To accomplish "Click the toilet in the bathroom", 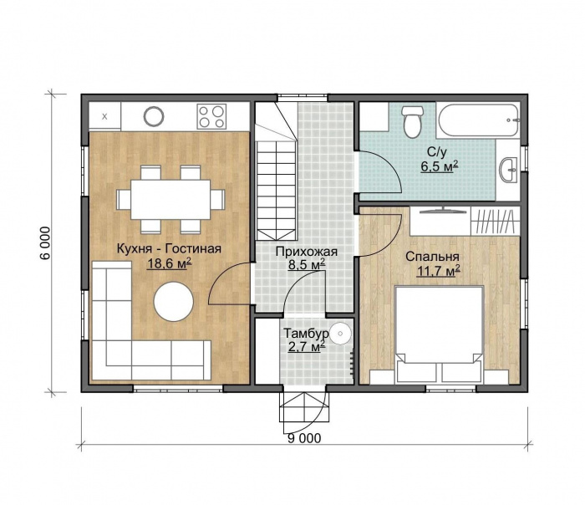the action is click(412, 121).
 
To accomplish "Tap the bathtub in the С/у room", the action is click(478, 120).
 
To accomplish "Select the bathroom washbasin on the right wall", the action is click(508, 170).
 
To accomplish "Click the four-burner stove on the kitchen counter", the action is click(212, 116).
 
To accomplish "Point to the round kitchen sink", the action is click(154, 115).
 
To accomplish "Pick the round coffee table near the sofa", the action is click(174, 301).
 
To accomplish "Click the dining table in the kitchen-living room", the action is click(170, 199).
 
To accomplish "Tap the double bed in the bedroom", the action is click(439, 334).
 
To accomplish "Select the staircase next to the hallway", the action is click(276, 171).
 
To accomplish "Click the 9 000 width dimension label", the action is click(304, 438).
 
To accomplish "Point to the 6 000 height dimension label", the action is click(45, 243).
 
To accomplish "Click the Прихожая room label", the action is click(307, 252).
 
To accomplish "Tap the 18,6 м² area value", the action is click(170, 263).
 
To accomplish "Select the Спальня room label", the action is click(432, 257).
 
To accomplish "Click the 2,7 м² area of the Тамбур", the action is click(307, 347).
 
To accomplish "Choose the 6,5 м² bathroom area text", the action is click(440, 166).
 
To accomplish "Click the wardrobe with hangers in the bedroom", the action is click(495, 222).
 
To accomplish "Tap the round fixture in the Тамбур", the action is click(340, 334).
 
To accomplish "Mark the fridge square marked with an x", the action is click(104, 116).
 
